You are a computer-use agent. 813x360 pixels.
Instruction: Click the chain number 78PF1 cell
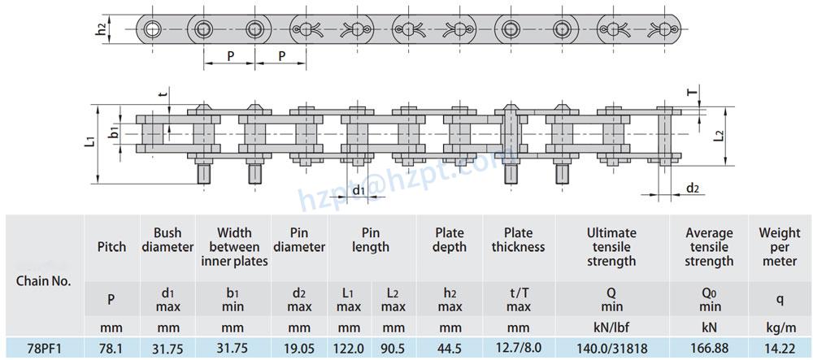coord(44,347)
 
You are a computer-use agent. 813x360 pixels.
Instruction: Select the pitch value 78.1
coord(111,347)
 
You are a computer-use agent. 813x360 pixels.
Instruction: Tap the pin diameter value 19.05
coord(299,347)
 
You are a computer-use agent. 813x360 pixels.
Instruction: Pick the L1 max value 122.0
coord(350,347)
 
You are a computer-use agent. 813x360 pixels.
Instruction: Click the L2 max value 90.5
coord(393,347)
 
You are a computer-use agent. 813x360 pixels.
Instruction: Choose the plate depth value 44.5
coord(450,347)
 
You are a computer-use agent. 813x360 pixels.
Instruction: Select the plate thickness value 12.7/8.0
coord(518,347)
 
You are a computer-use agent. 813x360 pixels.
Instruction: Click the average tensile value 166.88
coord(709,347)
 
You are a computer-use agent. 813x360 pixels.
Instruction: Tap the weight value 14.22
coord(780,347)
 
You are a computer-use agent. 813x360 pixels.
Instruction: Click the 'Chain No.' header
coord(44,281)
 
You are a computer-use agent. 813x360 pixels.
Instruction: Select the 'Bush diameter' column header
coord(167,240)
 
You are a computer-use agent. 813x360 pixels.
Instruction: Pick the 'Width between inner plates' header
coord(233,247)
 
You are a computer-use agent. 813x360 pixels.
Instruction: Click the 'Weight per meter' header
coord(780,247)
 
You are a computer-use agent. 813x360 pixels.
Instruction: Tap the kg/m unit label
coord(780,327)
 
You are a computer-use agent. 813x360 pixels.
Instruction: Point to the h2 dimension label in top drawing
coord(101,30)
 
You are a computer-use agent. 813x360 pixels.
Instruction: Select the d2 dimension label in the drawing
coord(693,189)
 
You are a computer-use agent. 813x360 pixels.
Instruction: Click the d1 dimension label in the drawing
coord(358,190)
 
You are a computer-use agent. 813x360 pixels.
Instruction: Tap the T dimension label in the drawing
coord(693,93)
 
